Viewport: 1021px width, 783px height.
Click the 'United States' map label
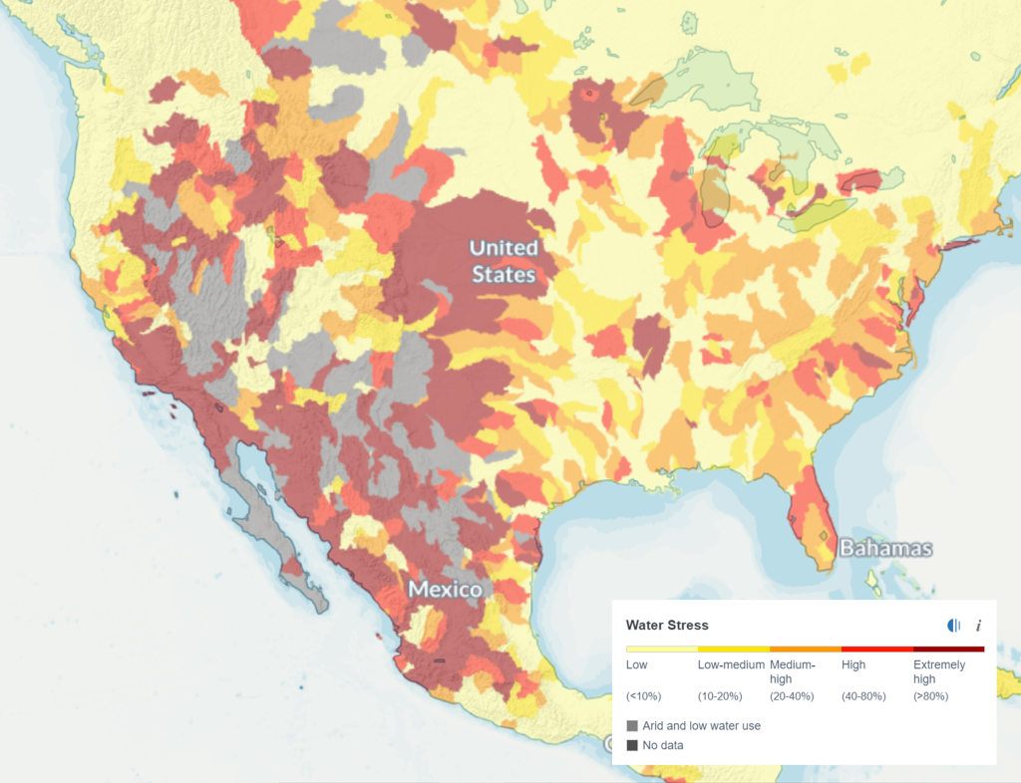tap(503, 261)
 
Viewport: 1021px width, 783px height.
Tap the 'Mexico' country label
tap(446, 590)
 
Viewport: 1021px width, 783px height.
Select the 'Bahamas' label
tap(885, 548)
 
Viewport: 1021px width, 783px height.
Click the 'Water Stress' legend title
tap(667, 626)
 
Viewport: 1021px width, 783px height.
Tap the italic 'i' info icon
tap(978, 626)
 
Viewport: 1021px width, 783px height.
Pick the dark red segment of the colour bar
tap(948, 649)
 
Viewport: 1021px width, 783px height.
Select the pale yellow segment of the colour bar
tap(661, 649)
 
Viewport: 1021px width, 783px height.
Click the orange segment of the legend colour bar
tap(805, 649)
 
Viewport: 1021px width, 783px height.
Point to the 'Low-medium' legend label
tap(731, 664)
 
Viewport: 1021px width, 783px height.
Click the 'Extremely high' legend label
tap(939, 671)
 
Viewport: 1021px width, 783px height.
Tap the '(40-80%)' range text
tap(863, 696)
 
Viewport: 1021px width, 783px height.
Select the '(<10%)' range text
tap(643, 696)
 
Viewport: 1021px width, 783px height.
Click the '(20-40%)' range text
tap(792, 696)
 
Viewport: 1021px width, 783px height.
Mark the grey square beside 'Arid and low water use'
tap(632, 726)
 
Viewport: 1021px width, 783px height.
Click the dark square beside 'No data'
tap(632, 745)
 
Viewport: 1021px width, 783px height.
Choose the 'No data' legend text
tap(663, 745)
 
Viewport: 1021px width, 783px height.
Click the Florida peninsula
tap(813, 518)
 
